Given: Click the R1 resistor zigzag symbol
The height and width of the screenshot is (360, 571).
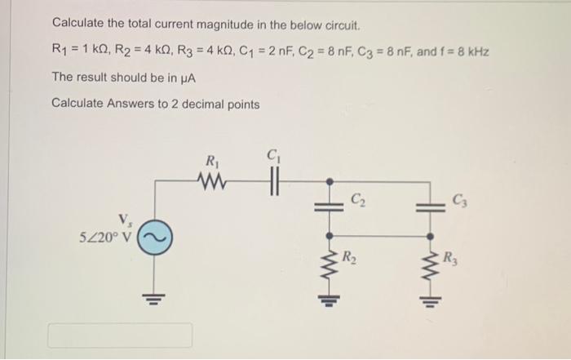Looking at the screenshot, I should pyautogui.click(x=213, y=180).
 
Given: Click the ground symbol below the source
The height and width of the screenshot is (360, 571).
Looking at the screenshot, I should pyautogui.click(x=150, y=295).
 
